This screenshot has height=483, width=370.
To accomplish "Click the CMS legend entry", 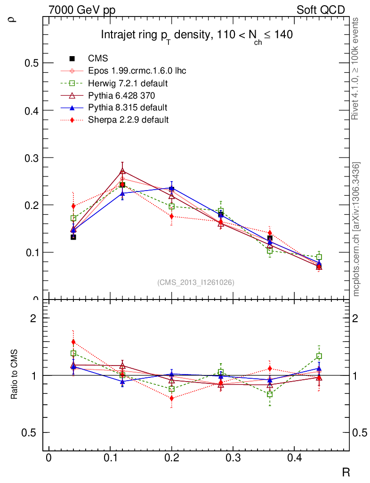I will pos(98,58).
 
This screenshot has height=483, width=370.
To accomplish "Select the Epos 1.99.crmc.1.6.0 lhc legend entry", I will pos(137,71).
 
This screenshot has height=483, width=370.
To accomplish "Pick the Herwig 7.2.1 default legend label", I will pos(128,83).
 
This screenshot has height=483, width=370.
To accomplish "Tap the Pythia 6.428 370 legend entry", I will pos(125,95).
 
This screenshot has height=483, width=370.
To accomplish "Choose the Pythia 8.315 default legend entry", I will pos(128,108).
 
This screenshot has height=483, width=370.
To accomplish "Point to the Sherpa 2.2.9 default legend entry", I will pos(128,120).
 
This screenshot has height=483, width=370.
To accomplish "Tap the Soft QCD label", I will pos(321,10).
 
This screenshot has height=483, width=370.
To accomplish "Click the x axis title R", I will pos(346,472).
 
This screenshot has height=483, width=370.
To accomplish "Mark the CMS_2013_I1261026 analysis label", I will pos(195,283).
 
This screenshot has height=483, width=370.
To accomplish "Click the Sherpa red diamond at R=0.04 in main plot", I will pos(73,206).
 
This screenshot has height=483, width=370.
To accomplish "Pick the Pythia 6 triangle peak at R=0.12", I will pos(122,171).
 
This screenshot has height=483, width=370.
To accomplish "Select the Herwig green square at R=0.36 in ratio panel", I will pos(270,394).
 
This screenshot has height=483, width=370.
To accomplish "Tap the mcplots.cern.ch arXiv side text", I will pos(356,229).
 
